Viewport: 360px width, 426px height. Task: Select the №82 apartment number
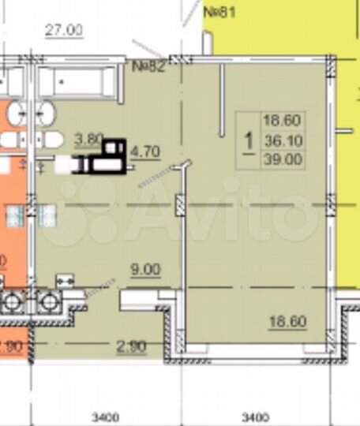[x=148, y=65]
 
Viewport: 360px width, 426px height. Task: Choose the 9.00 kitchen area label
[x=144, y=269]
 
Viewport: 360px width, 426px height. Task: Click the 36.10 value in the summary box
[x=283, y=140]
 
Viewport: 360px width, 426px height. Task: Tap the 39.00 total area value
[x=283, y=157]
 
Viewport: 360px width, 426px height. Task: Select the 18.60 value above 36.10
[x=283, y=122]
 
